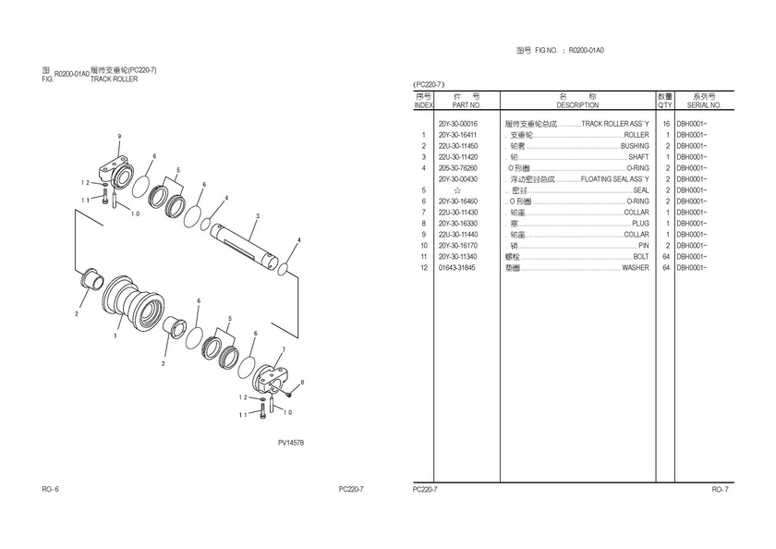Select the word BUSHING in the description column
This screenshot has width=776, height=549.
(x=635, y=146)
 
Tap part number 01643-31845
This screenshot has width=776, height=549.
(x=457, y=268)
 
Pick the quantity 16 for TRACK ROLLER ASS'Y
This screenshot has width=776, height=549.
(x=665, y=124)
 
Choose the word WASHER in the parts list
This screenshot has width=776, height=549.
(x=635, y=268)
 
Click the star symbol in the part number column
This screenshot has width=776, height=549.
(x=456, y=190)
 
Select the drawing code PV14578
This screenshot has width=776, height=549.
(x=291, y=444)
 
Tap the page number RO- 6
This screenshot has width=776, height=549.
(x=50, y=489)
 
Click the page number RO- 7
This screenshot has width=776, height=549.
(x=720, y=489)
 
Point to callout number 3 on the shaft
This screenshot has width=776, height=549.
(x=257, y=216)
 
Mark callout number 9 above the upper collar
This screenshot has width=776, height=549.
(x=119, y=137)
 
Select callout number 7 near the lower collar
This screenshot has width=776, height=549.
(x=283, y=348)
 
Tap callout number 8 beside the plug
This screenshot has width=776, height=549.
(x=302, y=382)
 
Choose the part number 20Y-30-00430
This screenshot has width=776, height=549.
(x=458, y=179)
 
